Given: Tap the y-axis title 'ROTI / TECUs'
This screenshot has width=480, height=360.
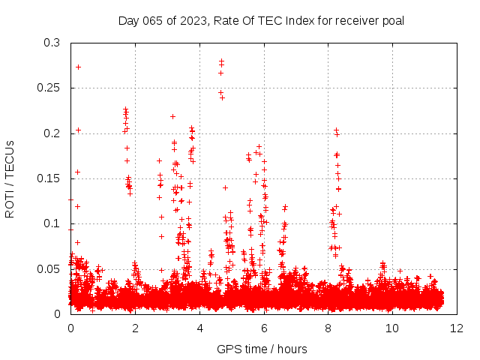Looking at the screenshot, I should tap(10, 178).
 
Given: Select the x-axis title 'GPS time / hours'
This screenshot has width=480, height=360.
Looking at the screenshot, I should tap(262, 349).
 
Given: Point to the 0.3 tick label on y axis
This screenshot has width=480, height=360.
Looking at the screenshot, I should tap(51, 43).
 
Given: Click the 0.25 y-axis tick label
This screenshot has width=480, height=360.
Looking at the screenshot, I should tap(48, 88).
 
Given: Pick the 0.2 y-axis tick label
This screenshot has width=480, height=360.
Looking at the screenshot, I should tap(51, 133).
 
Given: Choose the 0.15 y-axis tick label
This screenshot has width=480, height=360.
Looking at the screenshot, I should tap(48, 178).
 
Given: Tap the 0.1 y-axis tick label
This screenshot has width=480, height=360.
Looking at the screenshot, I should tap(51, 223).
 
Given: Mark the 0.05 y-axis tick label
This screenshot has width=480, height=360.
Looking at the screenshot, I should tap(48, 268).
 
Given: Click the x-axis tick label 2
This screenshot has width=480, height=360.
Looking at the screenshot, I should tap(135, 328).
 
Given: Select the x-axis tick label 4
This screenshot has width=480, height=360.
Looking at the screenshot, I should tap(199, 328).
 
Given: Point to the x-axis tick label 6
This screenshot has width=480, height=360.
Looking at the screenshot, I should tap(264, 328).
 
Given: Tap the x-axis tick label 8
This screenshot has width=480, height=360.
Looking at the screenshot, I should tap(328, 328).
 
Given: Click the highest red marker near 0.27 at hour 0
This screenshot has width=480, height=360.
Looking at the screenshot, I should tap(78, 67).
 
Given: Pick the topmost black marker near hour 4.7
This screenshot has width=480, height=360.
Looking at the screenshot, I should tap(221, 61).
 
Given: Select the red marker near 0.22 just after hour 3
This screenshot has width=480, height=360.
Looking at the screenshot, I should tap(172, 116).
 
